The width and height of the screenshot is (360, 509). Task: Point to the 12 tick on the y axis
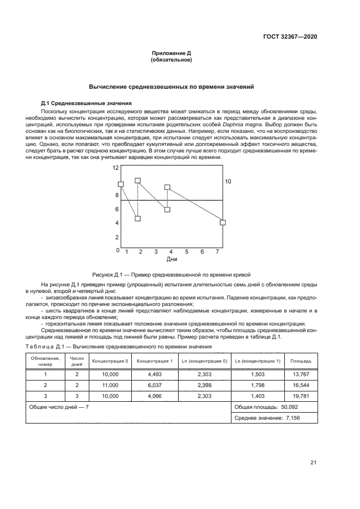coord(115,168)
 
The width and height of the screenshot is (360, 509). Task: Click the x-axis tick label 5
coord(186,252)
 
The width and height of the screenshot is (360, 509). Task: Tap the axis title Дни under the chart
coord(172,259)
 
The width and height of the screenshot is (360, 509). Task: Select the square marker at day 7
coord(222,222)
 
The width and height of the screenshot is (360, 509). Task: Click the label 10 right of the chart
coord(228,181)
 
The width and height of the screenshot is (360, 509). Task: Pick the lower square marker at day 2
coord(138,218)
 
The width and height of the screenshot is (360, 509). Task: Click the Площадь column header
coord(301,360)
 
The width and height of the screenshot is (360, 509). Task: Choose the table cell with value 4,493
coord(155,374)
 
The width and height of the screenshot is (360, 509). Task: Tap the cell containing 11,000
coord(110,385)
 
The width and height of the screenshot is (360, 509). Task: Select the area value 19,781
coord(301,396)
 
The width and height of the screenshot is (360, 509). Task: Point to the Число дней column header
coord(77,360)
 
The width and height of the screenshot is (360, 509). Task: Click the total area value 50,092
coord(286,407)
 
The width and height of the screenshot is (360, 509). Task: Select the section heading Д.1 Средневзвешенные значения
coord(86,103)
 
